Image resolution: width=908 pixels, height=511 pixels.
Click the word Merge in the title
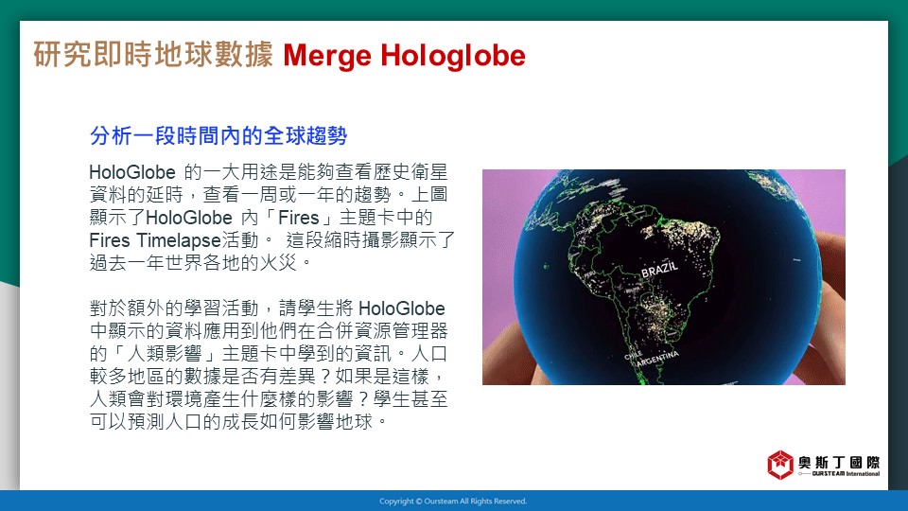click(x=327, y=57)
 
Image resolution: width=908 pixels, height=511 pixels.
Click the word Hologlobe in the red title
click(x=453, y=57)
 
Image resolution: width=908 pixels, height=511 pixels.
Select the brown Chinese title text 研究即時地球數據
click(x=153, y=55)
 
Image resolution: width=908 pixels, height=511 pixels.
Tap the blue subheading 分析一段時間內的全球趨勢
click(x=218, y=135)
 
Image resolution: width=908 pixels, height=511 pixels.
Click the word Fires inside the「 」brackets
click(x=298, y=218)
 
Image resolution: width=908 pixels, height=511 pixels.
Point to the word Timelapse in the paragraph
click(x=179, y=240)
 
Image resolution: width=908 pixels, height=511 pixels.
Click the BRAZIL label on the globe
click(x=659, y=269)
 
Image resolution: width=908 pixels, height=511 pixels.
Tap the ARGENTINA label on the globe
click(x=657, y=358)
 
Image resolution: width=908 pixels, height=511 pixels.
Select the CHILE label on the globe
click(x=633, y=355)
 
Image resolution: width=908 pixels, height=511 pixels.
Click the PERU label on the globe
click(x=589, y=273)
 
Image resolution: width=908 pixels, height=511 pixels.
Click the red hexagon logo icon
click(x=780, y=465)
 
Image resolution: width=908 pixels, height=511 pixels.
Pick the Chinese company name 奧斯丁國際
click(x=839, y=462)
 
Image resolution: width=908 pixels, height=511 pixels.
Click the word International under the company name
click(x=863, y=474)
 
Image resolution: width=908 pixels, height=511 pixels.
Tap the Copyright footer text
click(x=453, y=502)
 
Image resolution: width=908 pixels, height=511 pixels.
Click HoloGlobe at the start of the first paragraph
click(x=132, y=172)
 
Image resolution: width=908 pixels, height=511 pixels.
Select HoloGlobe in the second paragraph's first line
click(x=402, y=308)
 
